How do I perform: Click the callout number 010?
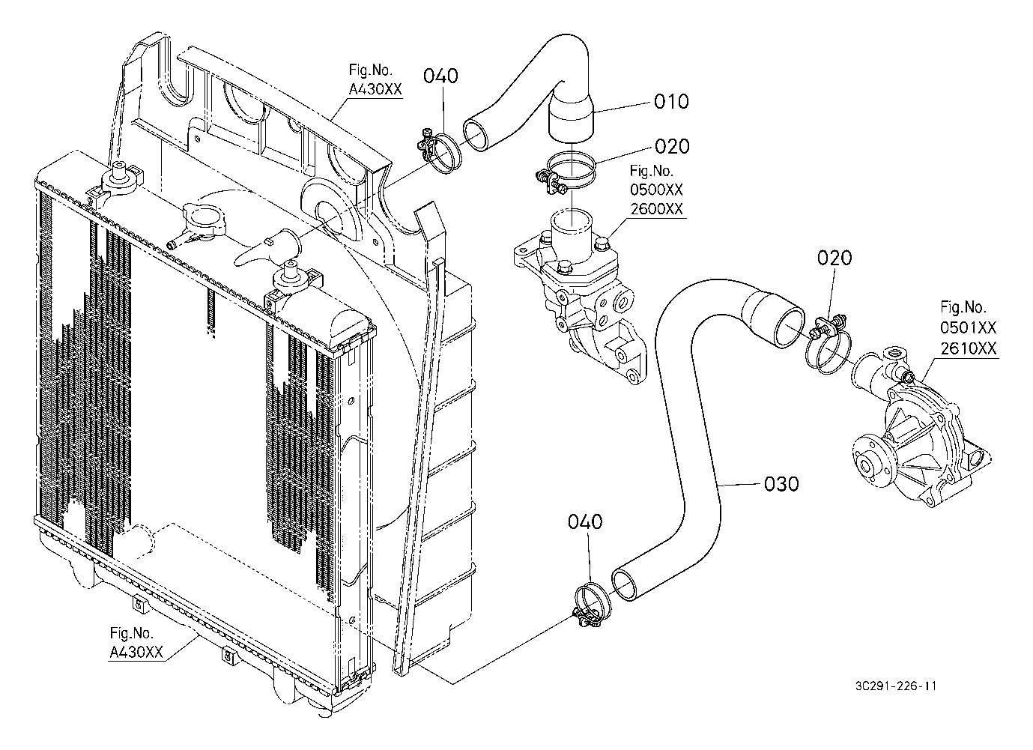(671, 101)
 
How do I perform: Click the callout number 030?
(781, 484)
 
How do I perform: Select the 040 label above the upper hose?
(440, 76)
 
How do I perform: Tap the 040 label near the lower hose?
(585, 522)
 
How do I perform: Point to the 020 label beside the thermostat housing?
(672, 147)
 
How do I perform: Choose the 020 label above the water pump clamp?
(834, 258)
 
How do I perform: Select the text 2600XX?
(656, 209)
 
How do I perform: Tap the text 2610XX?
(969, 348)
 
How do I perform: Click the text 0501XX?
(969, 327)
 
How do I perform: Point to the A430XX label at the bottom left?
(136, 652)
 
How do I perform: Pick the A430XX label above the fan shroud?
(375, 89)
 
